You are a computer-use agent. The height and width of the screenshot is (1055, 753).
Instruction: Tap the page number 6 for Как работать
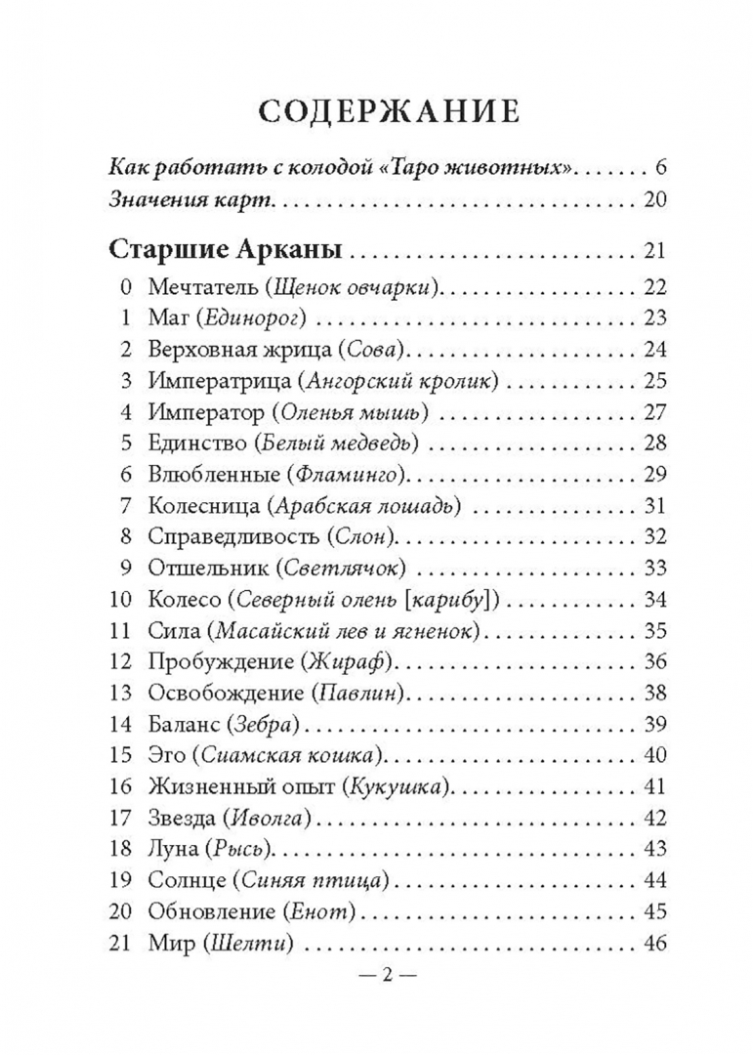click(660, 166)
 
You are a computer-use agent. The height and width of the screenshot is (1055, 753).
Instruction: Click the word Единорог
click(259, 317)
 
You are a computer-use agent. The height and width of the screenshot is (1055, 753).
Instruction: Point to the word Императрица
click(217, 380)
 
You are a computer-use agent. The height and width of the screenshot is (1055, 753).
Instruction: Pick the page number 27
click(653, 411)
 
